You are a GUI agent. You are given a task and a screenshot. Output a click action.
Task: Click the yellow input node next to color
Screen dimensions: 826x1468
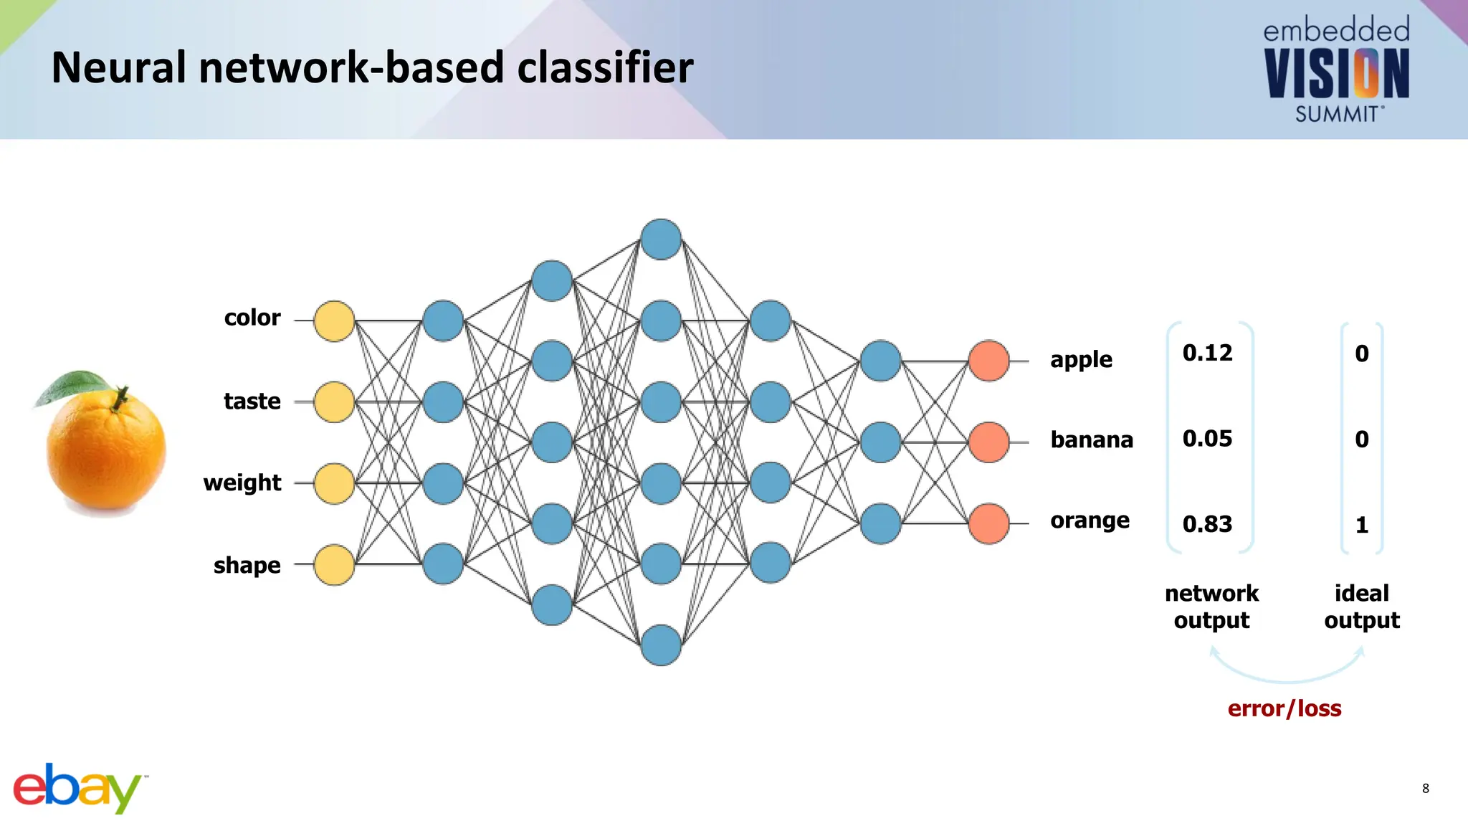(x=334, y=321)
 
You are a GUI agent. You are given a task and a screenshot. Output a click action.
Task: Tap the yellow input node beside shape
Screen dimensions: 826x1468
(x=334, y=565)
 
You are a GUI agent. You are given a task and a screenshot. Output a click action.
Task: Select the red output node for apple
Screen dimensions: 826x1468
(x=988, y=361)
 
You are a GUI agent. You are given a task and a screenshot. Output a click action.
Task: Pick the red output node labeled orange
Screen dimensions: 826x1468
(x=988, y=523)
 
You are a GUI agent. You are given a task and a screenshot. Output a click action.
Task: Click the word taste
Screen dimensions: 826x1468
(x=252, y=401)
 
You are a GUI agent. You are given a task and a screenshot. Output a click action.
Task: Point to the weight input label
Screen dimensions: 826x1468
(x=242, y=483)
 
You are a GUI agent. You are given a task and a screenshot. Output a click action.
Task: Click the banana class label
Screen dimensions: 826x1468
(x=1091, y=440)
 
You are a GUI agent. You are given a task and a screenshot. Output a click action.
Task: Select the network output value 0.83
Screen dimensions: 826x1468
(x=1207, y=524)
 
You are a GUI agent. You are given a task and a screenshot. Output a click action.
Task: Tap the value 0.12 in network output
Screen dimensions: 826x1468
(x=1207, y=353)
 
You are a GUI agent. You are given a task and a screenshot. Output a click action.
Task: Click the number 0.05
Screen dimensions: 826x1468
(x=1207, y=438)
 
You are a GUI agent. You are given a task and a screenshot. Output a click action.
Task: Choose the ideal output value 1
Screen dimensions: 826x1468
(x=1362, y=525)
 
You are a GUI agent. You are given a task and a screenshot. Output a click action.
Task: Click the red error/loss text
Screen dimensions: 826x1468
(x=1284, y=708)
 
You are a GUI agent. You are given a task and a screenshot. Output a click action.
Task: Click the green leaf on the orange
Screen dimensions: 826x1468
(x=72, y=386)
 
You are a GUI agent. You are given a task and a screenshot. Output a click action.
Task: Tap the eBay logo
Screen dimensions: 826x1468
(x=77, y=788)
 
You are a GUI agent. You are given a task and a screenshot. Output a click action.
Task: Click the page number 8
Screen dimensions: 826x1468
(x=1425, y=788)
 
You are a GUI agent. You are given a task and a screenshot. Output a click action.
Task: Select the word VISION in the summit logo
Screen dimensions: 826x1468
(x=1336, y=74)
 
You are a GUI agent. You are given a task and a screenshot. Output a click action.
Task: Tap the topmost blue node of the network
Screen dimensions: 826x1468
(x=661, y=239)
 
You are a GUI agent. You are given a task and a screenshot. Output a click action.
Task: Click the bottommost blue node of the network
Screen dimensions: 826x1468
(x=661, y=645)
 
